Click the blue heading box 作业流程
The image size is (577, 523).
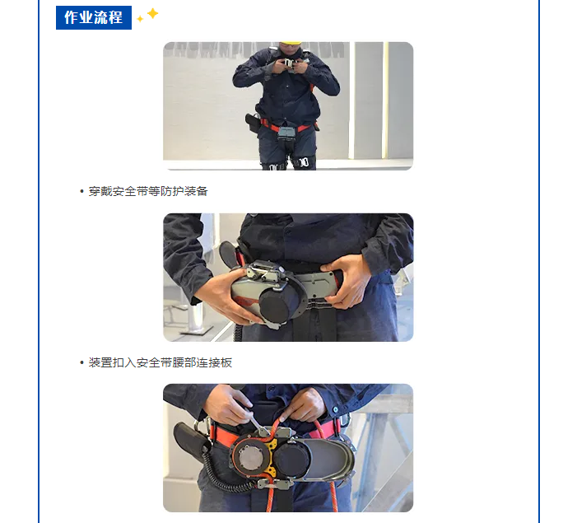[94, 17]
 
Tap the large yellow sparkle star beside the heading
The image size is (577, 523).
[152, 14]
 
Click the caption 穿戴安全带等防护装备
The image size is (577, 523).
[148, 191]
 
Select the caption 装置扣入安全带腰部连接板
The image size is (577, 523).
[160, 362]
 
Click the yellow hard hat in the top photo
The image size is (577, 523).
[291, 43]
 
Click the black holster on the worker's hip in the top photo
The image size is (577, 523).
[253, 123]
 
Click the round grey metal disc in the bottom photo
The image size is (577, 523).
[251, 457]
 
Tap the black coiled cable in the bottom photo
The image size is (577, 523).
[221, 475]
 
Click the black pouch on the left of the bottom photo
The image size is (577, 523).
[191, 442]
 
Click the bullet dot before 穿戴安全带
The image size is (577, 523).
[81, 192]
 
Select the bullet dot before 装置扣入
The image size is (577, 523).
[81, 362]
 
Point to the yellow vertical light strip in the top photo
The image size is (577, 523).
[386, 100]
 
